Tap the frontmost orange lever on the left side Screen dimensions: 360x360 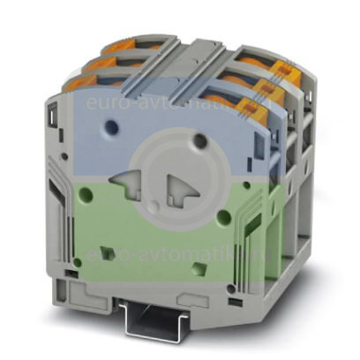85,82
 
